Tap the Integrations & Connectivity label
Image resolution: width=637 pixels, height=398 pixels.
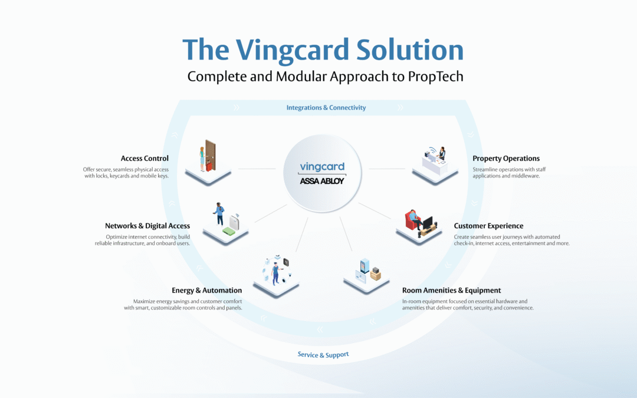point(326,107)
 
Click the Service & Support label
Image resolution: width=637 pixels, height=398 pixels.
point(323,354)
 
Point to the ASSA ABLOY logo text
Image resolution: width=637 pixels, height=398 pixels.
point(321,181)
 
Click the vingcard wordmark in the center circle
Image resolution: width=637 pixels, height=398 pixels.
point(321,167)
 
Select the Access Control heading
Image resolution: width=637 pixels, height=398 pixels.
point(145,158)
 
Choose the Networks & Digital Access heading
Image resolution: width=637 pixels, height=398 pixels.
point(147,226)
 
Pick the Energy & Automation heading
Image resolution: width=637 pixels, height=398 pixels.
point(206,290)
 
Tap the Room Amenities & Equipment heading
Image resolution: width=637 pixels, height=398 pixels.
point(451,290)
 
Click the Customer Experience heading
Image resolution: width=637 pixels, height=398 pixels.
point(488,226)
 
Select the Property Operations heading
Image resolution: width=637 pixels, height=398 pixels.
point(506,158)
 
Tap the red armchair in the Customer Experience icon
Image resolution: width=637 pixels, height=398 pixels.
point(412,221)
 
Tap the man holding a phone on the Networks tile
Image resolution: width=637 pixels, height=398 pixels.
point(219,213)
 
